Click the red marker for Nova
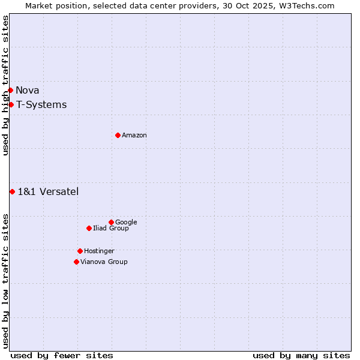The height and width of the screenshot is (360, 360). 10,90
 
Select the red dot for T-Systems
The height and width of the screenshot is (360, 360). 11,104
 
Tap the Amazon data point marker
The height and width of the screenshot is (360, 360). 118,135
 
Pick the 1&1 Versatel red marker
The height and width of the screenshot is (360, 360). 12,191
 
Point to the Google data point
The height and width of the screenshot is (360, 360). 111,222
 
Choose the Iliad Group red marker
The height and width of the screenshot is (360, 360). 89,228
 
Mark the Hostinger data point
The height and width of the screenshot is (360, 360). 80,251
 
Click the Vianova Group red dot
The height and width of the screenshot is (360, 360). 76,262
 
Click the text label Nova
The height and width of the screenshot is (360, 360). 28,90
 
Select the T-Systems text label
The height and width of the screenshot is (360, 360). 41,104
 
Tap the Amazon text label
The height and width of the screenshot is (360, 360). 134,135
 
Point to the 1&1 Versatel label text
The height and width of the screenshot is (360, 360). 48,191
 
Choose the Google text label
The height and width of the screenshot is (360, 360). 126,222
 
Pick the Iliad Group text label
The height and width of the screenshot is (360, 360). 111,228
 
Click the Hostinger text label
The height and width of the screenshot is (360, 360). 99,251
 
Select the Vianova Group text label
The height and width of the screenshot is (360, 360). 104,262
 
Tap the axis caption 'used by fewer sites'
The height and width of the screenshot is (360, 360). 62,355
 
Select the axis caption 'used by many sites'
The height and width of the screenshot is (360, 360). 301,355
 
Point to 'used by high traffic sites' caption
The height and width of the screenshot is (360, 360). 5,85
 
